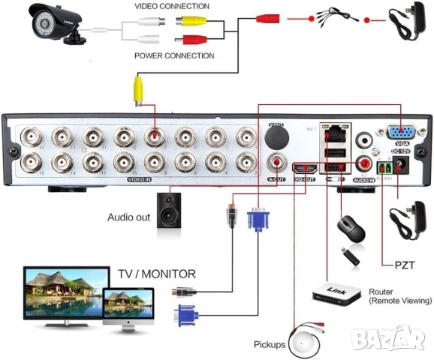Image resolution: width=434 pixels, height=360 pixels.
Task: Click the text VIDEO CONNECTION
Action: coord(172,7)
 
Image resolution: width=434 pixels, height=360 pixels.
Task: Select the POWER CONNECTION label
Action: coord(174,55)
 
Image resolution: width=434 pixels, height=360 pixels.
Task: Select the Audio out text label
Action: coord(129,218)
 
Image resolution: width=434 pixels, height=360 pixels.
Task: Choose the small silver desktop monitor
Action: coord(131,308)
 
